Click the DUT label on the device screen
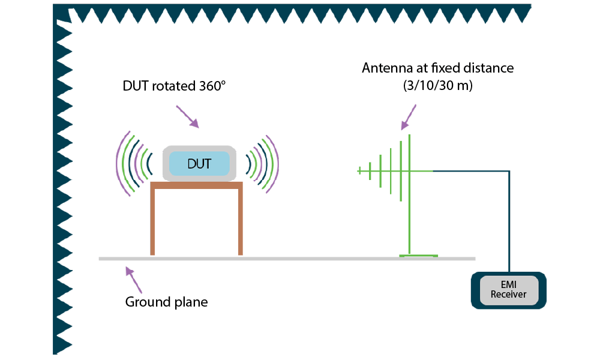click(x=199, y=164)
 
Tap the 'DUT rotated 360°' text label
click(x=173, y=86)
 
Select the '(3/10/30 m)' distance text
click(x=437, y=86)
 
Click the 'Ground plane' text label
click(x=166, y=302)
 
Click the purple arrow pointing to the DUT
click(x=187, y=116)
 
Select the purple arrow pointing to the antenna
click(x=409, y=118)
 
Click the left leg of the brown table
click(x=153, y=222)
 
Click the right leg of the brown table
click(x=240, y=222)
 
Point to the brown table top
click(x=197, y=185)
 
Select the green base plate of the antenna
click(x=418, y=256)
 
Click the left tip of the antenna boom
click(x=359, y=172)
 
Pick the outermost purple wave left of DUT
click(x=119, y=163)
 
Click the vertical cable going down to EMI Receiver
click(x=509, y=222)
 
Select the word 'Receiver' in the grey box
click(x=508, y=295)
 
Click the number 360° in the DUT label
click(x=211, y=86)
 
